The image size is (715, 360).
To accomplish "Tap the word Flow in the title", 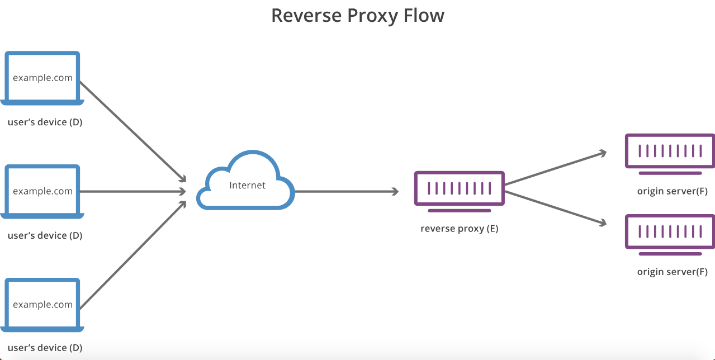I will click(422, 15).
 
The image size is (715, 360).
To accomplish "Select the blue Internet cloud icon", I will click(245, 181).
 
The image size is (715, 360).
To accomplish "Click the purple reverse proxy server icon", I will click(459, 189).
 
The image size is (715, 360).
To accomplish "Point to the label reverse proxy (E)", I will click(459, 229).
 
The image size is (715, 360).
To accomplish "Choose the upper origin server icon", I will click(670, 151).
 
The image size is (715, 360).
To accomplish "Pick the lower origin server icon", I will click(670, 231).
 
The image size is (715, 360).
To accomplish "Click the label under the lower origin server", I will click(672, 272).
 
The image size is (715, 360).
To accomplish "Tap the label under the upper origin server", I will click(672, 192).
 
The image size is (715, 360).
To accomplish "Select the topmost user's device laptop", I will click(42, 78).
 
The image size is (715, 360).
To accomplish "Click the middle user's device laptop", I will click(42, 191).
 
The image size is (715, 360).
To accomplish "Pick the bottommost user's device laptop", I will click(42, 305).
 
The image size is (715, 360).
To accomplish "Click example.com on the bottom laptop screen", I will click(43, 305).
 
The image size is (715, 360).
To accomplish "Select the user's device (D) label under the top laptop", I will click(45, 122).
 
